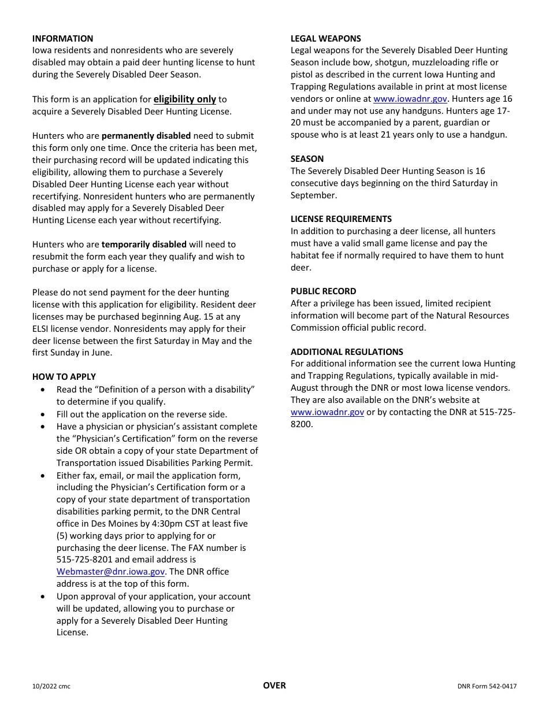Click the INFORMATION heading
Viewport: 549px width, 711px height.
pos(62,39)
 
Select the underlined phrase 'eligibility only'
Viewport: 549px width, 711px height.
pos(184,99)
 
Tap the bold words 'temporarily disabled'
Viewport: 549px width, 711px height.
pos(144,245)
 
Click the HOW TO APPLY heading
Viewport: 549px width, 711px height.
pos(64,377)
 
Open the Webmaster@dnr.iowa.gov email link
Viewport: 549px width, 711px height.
pos(110,572)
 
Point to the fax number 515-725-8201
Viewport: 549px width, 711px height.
pos(84,560)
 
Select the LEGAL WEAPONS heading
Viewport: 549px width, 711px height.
pos(326,39)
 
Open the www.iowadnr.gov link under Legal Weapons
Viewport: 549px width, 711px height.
pos(410,99)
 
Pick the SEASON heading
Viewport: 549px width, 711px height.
pos(307,159)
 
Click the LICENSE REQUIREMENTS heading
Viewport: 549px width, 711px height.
pos(341,219)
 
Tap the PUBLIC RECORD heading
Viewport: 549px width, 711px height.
pos(324,291)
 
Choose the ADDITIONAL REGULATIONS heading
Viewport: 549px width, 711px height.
pos(347,352)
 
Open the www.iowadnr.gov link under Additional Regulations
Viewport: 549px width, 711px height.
pos(327,412)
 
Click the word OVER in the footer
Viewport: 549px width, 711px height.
pos(274,686)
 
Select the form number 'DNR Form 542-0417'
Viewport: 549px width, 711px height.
pos(487,687)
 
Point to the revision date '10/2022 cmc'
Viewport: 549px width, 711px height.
pos(51,687)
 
